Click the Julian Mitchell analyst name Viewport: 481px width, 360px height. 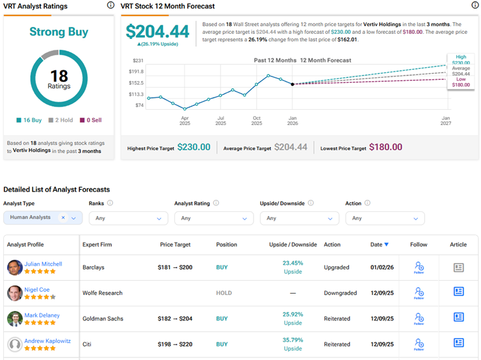coord(43,264)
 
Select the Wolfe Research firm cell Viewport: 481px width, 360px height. coord(102,293)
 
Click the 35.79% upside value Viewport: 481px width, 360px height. coord(293,339)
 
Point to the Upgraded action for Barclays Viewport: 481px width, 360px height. coord(337,267)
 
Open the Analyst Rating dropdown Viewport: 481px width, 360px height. coord(213,218)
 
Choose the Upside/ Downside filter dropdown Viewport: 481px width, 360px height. coord(299,218)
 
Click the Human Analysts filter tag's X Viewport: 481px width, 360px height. coord(63,218)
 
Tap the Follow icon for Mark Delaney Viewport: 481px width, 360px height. coord(419,318)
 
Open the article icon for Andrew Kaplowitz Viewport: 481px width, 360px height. coord(458,343)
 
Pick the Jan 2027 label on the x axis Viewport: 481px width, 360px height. coord(445,121)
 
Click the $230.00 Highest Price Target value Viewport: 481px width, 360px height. coord(194,147)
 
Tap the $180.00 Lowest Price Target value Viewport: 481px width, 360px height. coord(386,147)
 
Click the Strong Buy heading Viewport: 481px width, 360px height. coord(59,32)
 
